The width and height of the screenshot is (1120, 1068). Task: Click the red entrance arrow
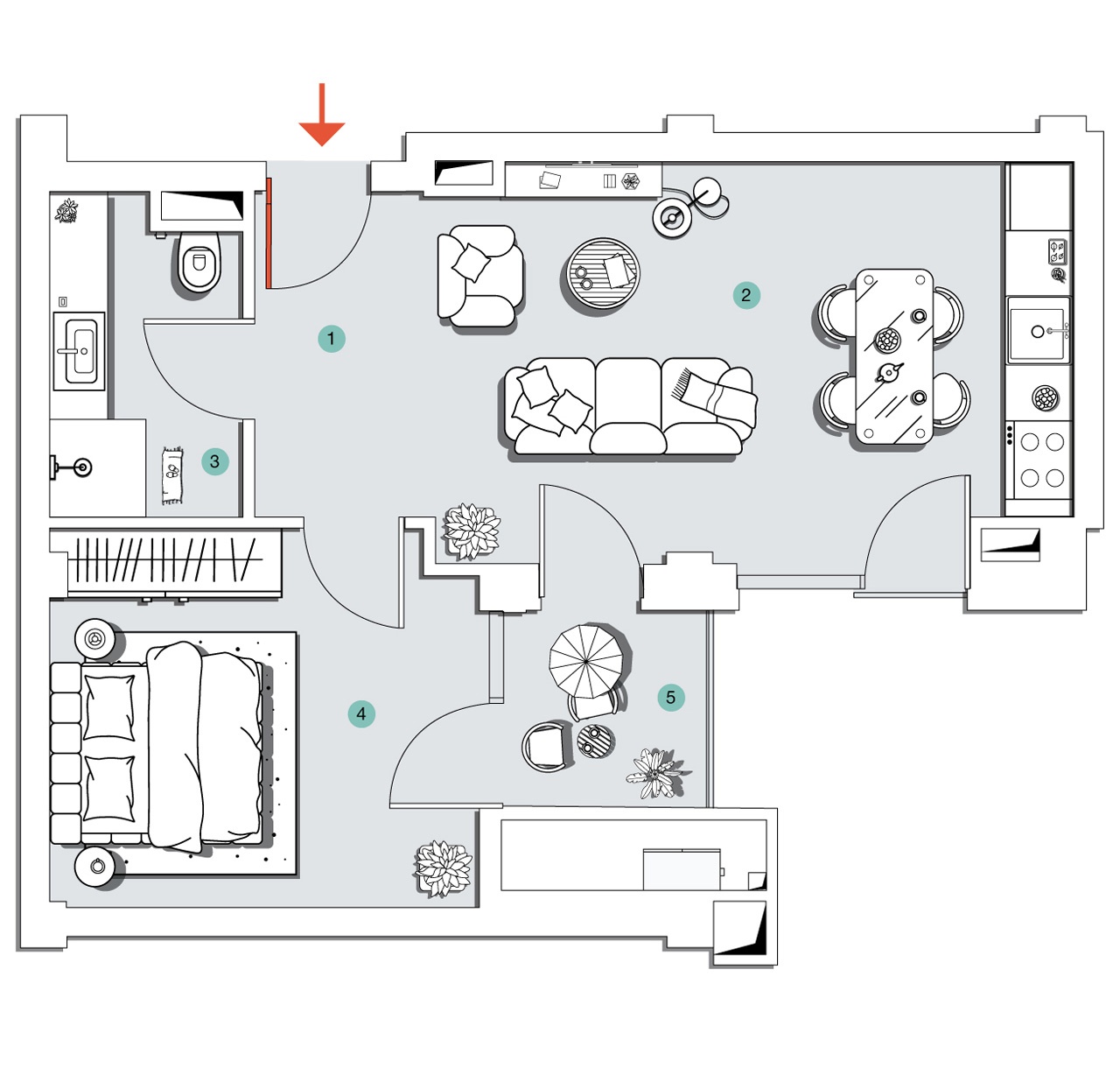coord(322,118)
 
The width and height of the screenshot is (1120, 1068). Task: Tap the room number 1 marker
coord(331,339)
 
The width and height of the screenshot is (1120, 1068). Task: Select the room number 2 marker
coord(746,295)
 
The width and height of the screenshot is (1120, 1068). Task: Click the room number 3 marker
coord(214,461)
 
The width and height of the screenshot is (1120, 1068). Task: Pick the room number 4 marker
coord(361,713)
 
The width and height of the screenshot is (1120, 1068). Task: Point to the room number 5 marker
coord(671,698)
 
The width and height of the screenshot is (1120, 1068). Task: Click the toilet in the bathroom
coord(199,263)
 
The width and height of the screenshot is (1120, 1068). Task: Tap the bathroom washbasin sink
coord(80,350)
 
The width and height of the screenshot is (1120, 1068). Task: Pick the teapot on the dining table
coord(889,373)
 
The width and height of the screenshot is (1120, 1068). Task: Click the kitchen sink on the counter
coord(1038,331)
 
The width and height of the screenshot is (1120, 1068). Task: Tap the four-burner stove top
coord(1042,460)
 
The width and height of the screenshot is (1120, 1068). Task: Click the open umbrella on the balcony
coord(587,661)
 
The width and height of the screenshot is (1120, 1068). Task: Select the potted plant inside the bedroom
coord(444,868)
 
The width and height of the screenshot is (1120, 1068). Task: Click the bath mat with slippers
coord(172,475)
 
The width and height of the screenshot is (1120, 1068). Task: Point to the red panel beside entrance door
coord(269,233)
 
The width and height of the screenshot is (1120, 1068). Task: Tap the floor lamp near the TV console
coord(672,217)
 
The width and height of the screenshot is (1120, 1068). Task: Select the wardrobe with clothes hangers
coord(166,560)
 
